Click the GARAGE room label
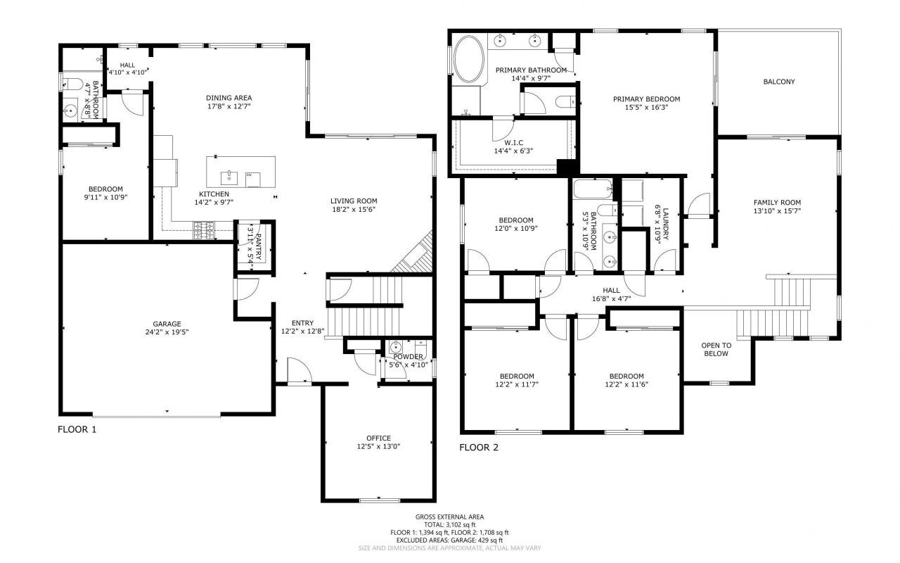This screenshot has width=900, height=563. (x=167, y=324)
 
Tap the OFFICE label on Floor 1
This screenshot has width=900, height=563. (x=378, y=438)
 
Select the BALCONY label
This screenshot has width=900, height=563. (x=779, y=82)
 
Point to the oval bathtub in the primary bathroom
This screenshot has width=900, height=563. (x=467, y=60)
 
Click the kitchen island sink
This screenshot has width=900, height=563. (x=229, y=176)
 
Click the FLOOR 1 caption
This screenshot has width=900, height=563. (x=77, y=429)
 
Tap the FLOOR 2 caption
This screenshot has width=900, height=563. (x=479, y=447)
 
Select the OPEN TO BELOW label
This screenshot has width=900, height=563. (x=716, y=349)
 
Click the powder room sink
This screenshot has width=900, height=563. (x=396, y=347)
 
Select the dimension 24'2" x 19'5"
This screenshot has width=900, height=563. (x=167, y=332)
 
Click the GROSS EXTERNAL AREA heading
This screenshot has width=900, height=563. (x=449, y=517)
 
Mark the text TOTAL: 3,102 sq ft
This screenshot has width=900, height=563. (x=449, y=524)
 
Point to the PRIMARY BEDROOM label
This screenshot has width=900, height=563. (x=646, y=99)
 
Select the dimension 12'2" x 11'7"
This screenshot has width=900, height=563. (x=517, y=384)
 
